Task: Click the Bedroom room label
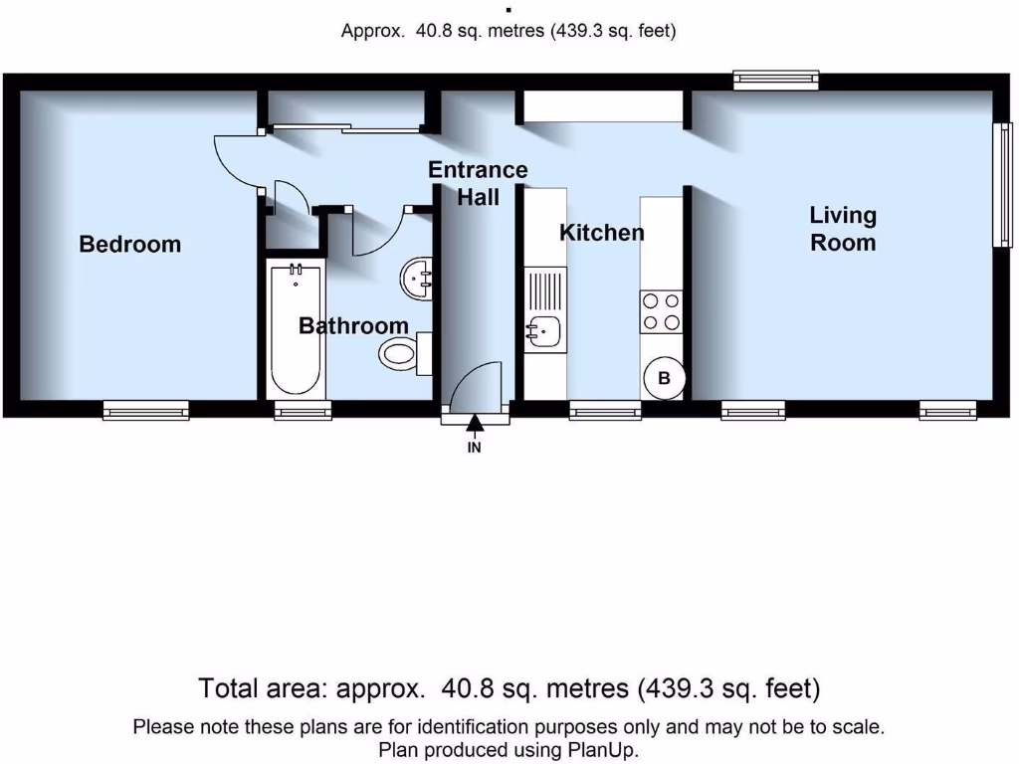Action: point(130,244)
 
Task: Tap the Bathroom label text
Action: point(353,325)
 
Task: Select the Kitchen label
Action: point(601,233)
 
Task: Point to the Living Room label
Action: point(843,229)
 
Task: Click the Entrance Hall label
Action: point(478,183)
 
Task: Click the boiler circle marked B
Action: point(664,378)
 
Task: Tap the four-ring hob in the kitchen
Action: point(661,311)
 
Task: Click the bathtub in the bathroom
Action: point(295,328)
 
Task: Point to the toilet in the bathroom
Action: point(403,353)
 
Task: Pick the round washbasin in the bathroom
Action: point(418,277)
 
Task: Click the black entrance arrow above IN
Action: point(475,425)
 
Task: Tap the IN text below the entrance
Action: point(475,448)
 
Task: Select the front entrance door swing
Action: point(476,388)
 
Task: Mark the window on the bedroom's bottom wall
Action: point(146,410)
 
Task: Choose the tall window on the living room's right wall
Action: point(1005,184)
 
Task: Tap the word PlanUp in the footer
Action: point(603,749)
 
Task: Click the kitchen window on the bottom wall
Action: point(605,410)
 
